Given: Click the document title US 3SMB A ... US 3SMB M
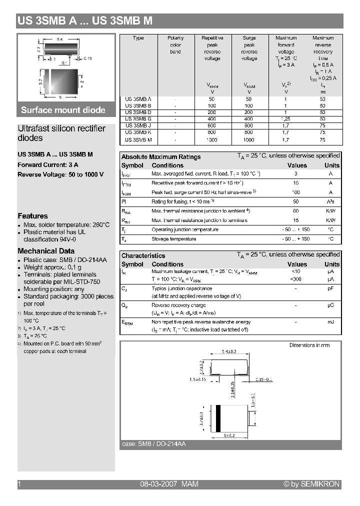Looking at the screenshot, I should (x=85, y=21).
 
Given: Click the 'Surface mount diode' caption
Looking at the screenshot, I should (x=63, y=110).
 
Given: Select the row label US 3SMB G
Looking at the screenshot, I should (x=138, y=119).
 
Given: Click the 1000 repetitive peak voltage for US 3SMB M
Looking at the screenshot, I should (x=212, y=140).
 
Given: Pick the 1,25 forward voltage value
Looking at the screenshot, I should (x=286, y=119).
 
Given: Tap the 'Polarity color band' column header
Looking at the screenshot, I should (x=175, y=44).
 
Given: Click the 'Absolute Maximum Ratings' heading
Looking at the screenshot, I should (x=161, y=156).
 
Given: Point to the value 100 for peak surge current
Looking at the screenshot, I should (x=296, y=192).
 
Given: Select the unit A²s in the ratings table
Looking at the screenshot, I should (x=330, y=201).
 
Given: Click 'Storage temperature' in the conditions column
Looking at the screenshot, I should (x=173, y=239).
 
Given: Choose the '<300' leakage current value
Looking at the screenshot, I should (x=296, y=279).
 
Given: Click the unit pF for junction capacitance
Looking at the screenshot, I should (x=330, y=288).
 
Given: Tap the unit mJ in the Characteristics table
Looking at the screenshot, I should (x=330, y=321).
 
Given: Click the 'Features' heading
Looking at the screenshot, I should (x=32, y=216).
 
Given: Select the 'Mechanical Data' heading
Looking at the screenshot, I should (x=46, y=251).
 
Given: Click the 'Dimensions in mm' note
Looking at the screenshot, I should (x=309, y=345).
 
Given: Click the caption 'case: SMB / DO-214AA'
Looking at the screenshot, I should (x=153, y=444).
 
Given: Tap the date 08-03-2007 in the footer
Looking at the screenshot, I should (x=156, y=484).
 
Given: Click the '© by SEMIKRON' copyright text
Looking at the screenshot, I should (x=311, y=484).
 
